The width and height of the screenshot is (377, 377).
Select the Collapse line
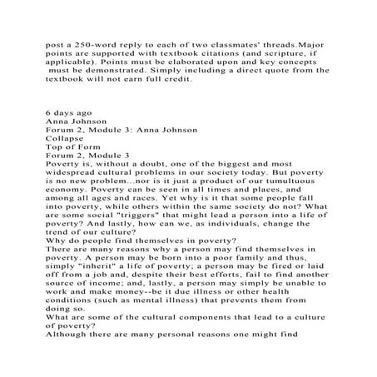70,139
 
